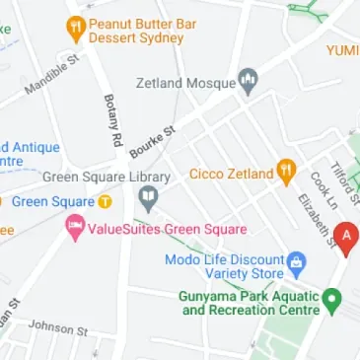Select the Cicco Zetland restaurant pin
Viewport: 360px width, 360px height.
pos(286,173)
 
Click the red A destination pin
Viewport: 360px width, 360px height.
pos(345,237)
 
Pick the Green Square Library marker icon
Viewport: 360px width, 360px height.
pos(149,201)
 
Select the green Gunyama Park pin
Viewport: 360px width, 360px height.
pos(332,298)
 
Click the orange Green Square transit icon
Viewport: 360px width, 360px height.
pos(105,201)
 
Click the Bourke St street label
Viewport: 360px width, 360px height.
pos(153,142)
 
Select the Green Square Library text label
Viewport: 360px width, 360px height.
pos(107,178)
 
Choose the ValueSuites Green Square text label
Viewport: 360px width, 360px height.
pos(168,230)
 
